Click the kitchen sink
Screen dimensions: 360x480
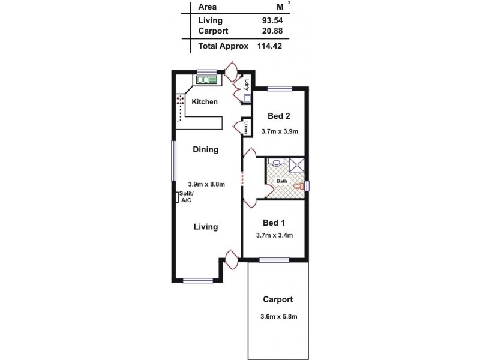click(x=206, y=79)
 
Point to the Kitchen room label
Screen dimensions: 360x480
click(x=204, y=101)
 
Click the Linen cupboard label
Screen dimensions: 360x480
click(x=247, y=127)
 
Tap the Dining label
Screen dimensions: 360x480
click(x=205, y=149)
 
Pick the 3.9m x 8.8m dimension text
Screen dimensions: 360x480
click(x=206, y=184)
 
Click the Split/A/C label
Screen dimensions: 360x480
click(x=185, y=196)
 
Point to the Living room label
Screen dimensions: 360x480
click(x=205, y=227)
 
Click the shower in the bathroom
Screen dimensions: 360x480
click(x=297, y=165)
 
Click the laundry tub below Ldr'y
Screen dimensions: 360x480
click(x=247, y=99)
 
